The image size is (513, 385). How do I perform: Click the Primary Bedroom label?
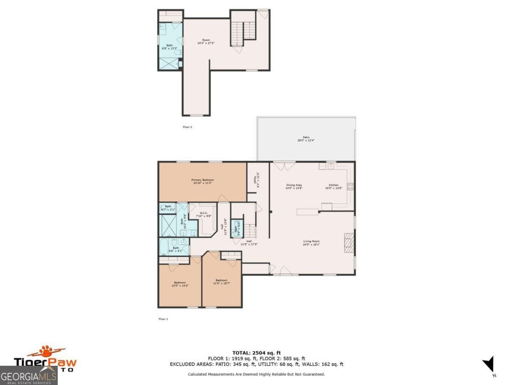(202, 181)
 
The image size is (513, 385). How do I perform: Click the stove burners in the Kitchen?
(350, 186)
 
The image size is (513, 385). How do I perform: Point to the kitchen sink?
(331, 166)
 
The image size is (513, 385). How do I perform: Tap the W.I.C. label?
(203, 214)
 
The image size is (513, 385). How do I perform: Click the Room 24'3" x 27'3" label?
(206, 41)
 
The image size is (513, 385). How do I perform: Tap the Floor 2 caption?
(187, 127)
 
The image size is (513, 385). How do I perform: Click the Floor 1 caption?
(163, 319)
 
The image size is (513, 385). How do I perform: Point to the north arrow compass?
(489, 364)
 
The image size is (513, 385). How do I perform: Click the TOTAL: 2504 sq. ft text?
(256, 352)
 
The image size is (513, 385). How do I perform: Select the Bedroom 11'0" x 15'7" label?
(221, 281)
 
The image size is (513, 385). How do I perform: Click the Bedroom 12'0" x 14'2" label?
(180, 284)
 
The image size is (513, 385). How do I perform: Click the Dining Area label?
(294, 187)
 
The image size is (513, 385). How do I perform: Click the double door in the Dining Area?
(284, 165)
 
